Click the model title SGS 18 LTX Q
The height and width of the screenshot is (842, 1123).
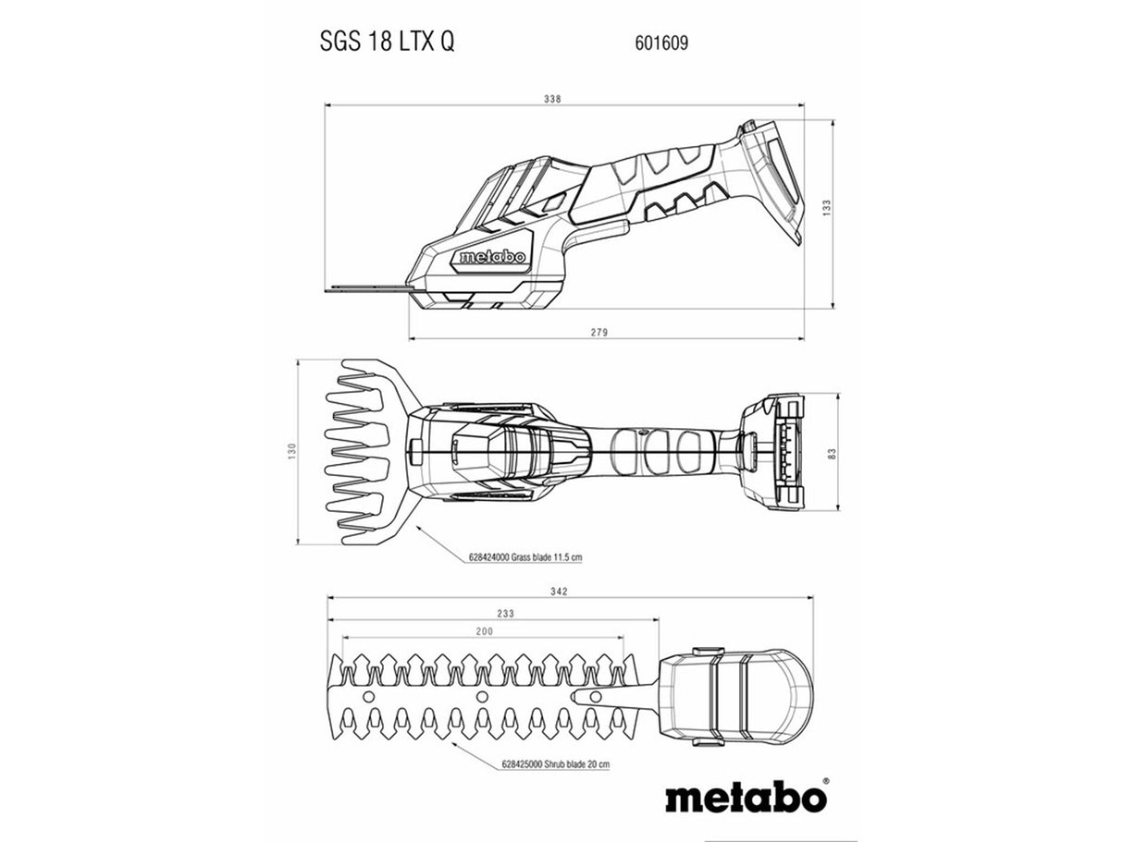[x=387, y=42]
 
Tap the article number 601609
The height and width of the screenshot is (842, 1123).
[x=661, y=43]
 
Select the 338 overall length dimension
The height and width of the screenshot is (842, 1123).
[x=552, y=99]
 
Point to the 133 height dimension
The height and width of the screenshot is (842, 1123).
[x=827, y=208]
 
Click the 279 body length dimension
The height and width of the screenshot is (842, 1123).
[x=599, y=333]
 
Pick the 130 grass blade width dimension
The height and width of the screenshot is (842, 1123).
[x=291, y=451]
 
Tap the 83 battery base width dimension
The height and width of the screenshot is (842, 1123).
[x=832, y=453]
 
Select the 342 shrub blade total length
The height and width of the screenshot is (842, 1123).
[x=559, y=592]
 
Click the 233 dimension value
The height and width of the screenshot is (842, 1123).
[x=505, y=614]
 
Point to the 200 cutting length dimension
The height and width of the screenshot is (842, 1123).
[x=484, y=631]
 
